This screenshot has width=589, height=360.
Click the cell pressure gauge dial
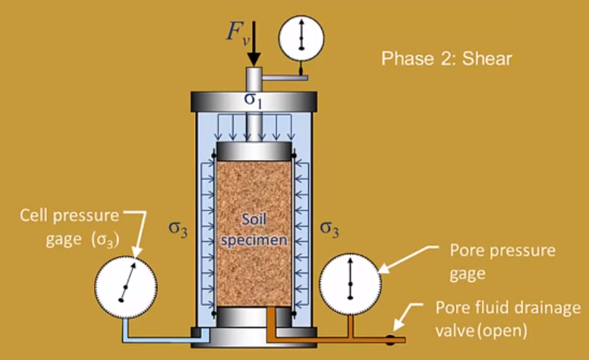pyautogui.click(x=124, y=286)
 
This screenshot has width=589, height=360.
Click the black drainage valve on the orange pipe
pyautogui.click(x=389, y=339)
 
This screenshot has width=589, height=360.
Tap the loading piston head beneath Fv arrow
pyautogui.click(x=253, y=77)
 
